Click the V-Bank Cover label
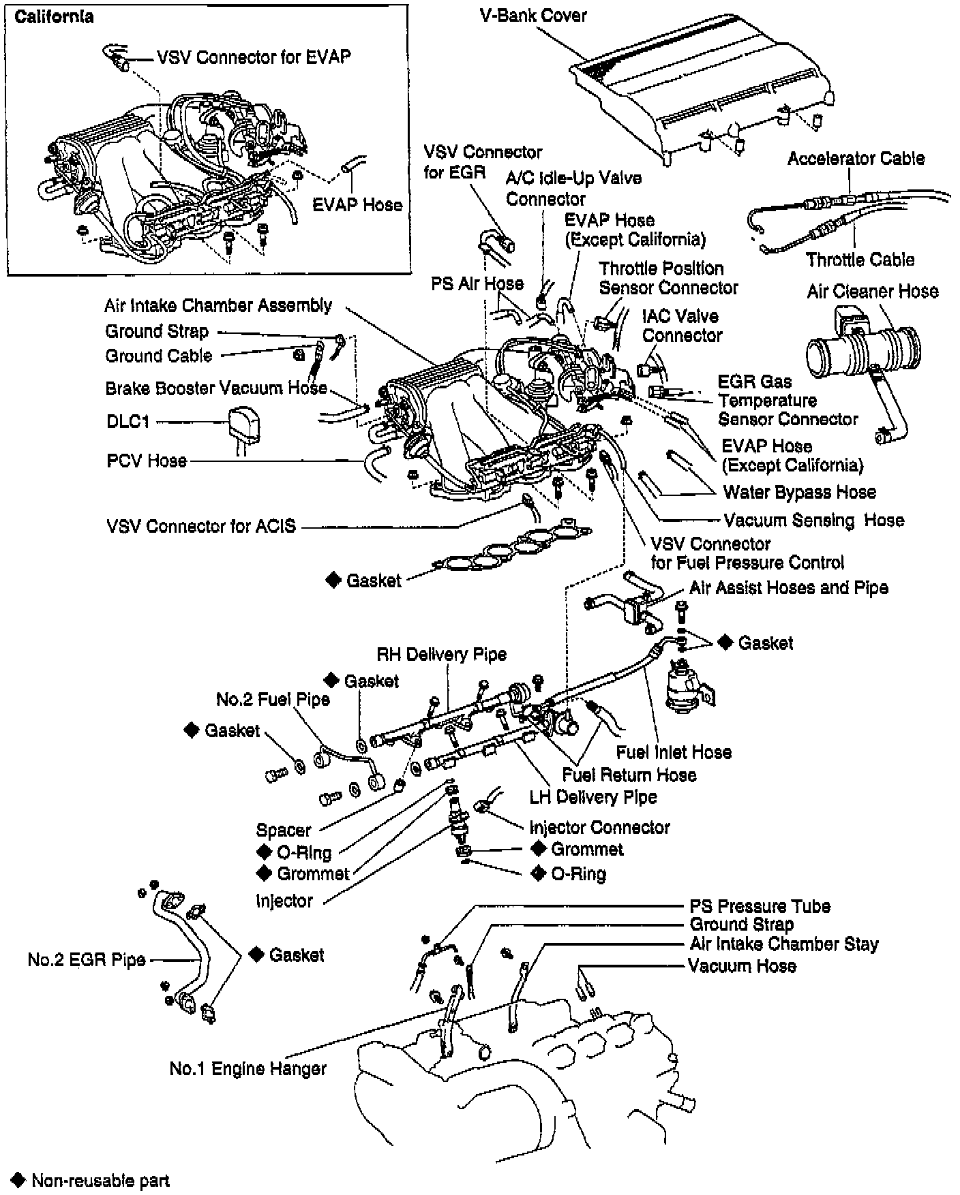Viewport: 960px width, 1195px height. pos(533,16)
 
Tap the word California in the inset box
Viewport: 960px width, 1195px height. pos(54,17)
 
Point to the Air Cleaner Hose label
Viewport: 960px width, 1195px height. pos(872,292)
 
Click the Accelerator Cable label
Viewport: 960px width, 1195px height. pos(856,159)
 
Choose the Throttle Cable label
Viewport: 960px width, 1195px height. pos(860,260)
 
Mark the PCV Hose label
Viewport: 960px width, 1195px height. pos(147,461)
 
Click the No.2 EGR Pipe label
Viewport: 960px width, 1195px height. pos(87,960)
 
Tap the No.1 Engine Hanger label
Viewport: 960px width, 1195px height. pos(247,1068)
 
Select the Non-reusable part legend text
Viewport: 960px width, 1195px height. pos(100,1180)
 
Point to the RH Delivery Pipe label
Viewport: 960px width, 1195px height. pos(441,655)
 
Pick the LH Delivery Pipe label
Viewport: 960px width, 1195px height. pos(593,796)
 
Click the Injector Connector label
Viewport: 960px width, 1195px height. pos(599,827)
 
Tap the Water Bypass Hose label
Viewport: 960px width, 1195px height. pos(799,492)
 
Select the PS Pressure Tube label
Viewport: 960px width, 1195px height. pos(760,906)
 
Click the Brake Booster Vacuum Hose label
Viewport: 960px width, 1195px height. pos(216,388)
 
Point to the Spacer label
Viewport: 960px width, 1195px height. pos(283,830)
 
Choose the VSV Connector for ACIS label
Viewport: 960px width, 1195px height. pos(201,526)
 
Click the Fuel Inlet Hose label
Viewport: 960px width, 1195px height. pos(673,752)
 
